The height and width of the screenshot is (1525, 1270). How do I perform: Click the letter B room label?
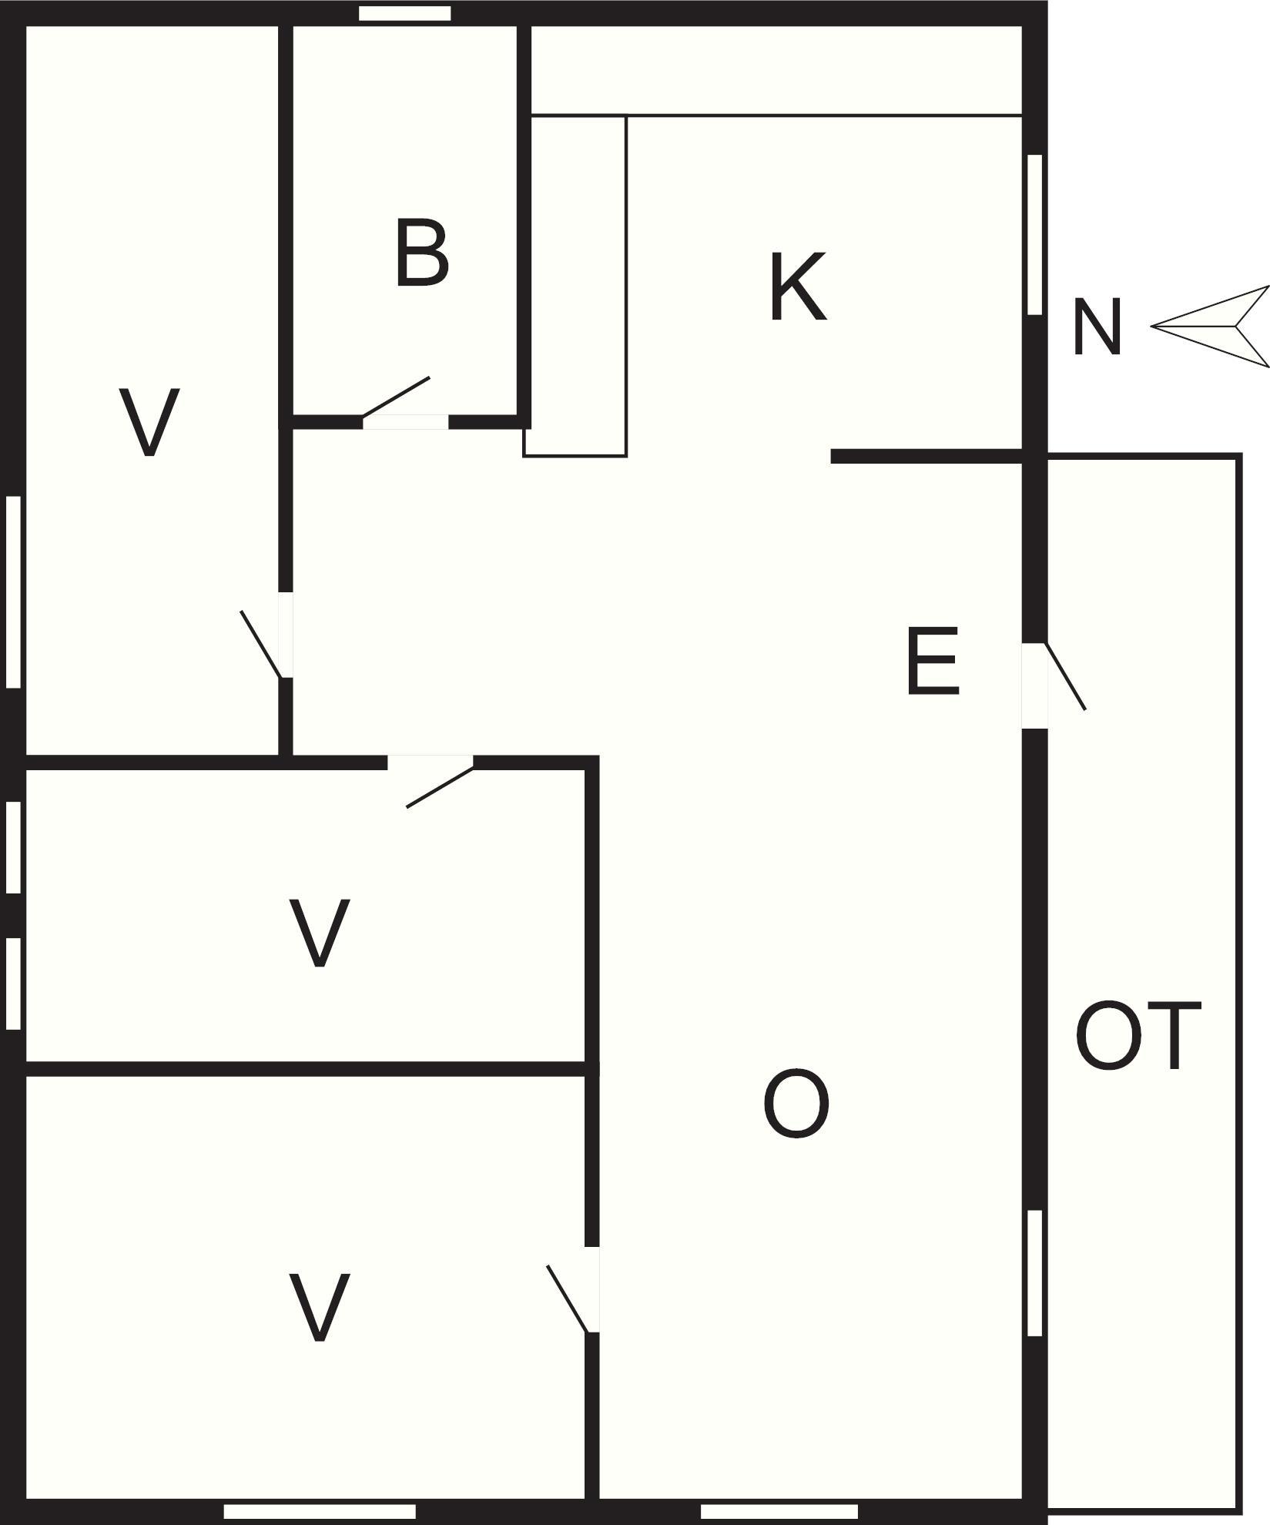[x=421, y=253]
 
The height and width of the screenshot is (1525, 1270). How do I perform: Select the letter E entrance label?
[x=933, y=660]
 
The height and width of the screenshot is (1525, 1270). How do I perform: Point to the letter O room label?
[x=796, y=1102]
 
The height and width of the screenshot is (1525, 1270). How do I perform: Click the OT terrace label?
[x=1138, y=1036]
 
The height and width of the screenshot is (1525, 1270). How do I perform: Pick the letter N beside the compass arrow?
[x=1096, y=327]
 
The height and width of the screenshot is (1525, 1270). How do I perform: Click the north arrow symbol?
[x=1210, y=327]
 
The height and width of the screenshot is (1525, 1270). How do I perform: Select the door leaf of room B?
[x=396, y=397]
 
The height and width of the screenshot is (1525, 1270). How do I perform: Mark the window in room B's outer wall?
[x=405, y=13]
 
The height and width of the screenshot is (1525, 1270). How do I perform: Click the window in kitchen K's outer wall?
[x=1035, y=234]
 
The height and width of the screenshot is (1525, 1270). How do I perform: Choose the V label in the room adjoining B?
[x=149, y=422]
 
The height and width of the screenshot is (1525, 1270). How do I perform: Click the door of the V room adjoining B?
[x=261, y=644]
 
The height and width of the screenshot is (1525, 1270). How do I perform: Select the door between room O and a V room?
[x=568, y=1299]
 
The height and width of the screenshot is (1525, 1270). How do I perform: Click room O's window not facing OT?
[x=779, y=1512]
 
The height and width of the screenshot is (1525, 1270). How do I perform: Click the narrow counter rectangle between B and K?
[x=575, y=286]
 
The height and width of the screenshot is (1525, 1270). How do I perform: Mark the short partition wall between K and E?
[x=927, y=457]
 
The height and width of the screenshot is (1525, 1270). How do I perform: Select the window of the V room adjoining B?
[x=13, y=592]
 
